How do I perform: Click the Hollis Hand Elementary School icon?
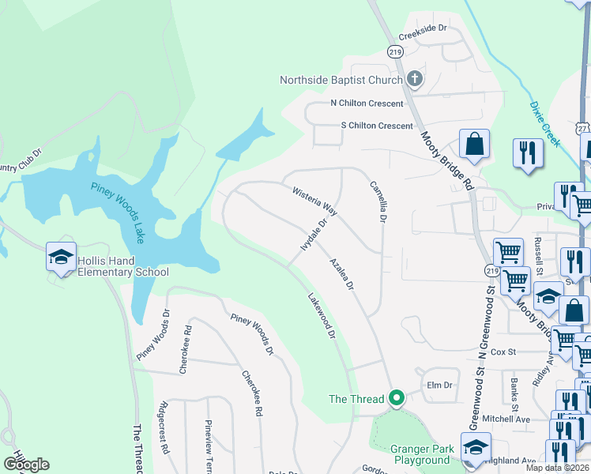click(60, 257)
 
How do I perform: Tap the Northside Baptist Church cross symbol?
click(415, 79)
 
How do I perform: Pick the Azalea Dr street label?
click(341, 273)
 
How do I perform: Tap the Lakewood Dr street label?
click(322, 316)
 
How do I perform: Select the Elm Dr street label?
click(439, 386)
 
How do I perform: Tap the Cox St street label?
click(503, 352)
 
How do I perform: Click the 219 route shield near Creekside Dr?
click(395, 51)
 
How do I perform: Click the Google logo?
click(26, 464)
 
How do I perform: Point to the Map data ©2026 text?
click(556, 468)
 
